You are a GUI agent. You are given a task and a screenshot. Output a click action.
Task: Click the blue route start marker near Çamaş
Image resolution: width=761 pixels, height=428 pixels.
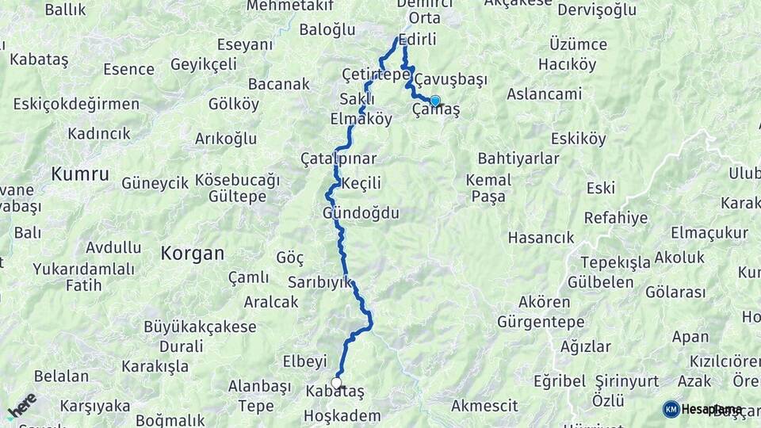[x=434, y=101]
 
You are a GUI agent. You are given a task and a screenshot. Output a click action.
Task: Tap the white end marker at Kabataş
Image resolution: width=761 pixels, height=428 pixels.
[x=336, y=384]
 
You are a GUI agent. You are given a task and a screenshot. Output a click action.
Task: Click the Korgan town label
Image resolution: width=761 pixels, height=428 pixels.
[x=192, y=254]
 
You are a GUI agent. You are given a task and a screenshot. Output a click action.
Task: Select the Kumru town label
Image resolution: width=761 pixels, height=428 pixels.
[x=80, y=174]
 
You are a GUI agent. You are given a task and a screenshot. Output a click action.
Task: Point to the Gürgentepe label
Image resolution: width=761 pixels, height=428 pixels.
[x=541, y=322]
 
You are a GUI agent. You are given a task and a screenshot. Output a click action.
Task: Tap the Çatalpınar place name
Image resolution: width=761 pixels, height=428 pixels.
[x=338, y=159]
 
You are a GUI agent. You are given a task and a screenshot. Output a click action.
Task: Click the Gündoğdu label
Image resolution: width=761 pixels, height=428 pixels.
[x=361, y=214]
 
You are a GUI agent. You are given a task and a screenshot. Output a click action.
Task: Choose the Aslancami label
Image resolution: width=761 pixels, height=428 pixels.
[x=544, y=94]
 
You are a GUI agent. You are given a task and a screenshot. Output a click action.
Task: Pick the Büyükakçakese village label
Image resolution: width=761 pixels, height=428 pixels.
[x=200, y=327]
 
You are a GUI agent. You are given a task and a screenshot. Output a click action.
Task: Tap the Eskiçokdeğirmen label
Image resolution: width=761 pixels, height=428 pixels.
[x=76, y=104]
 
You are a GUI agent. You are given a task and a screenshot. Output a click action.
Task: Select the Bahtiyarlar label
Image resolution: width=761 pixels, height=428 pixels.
[x=519, y=159]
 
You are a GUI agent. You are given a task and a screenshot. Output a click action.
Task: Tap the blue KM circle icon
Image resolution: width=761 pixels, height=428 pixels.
[x=671, y=409]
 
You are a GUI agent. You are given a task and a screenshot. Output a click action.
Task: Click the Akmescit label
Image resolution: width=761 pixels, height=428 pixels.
[x=484, y=406]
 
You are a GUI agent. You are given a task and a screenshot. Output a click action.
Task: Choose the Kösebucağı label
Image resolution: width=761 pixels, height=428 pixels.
[x=237, y=180]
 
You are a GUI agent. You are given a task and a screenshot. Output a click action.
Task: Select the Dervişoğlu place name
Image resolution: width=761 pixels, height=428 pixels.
[x=597, y=10]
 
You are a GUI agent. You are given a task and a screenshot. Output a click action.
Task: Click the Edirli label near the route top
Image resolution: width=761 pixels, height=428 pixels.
[x=419, y=40]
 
